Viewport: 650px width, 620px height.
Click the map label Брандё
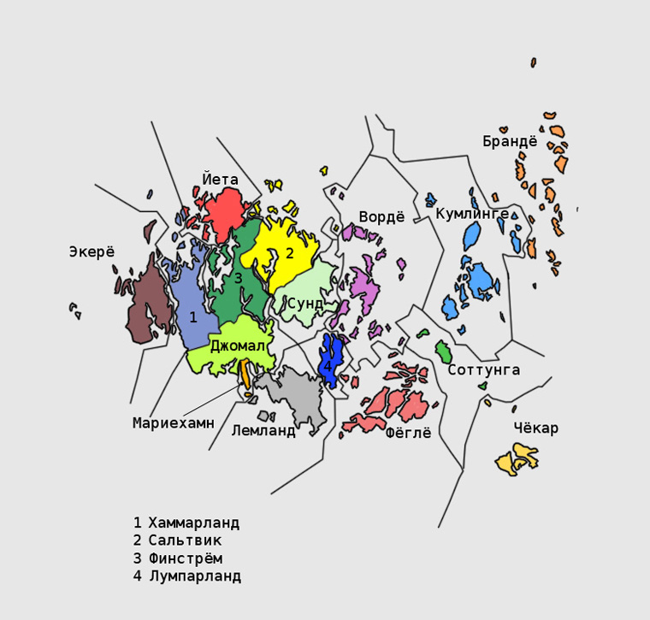coord(510,141)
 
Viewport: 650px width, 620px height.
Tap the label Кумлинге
coord(472,213)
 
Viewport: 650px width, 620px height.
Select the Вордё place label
coord(381,216)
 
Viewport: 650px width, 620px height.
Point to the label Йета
coord(220,180)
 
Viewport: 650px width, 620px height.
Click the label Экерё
coord(92,251)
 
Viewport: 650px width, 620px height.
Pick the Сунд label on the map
coord(305,304)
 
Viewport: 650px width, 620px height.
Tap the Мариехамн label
coord(174,422)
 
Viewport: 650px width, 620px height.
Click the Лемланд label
coord(263,430)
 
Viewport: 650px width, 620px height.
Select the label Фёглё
coord(408,433)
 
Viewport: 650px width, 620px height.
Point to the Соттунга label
coord(483,369)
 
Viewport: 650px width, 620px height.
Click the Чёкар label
coord(536,428)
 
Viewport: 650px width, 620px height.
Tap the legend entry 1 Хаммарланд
coord(186,522)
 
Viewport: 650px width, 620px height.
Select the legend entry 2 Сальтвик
coord(177,540)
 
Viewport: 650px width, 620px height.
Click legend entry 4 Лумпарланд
coord(186,576)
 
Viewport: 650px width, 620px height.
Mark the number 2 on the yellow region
coord(289,253)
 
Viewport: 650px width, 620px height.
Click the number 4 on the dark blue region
coord(327,367)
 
